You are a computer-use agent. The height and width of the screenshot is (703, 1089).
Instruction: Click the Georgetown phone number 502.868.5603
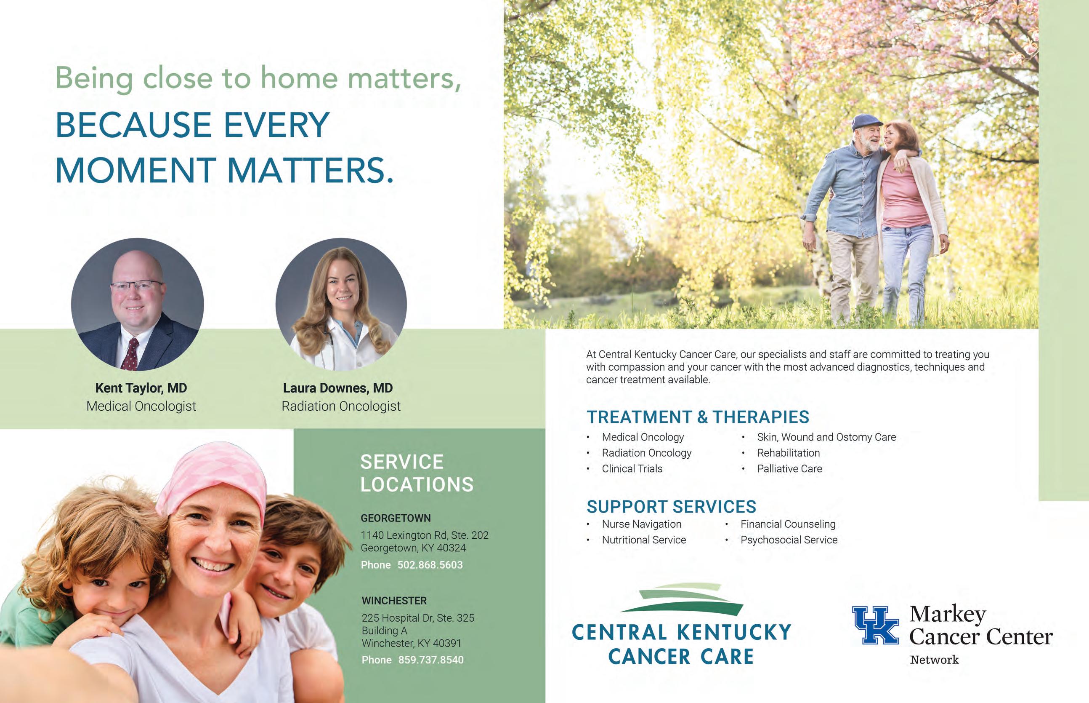430,565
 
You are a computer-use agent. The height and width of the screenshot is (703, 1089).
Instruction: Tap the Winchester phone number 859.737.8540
431,660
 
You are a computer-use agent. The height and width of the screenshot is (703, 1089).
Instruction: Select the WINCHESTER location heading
394,601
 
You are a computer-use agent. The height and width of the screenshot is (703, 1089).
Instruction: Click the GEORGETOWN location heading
396,518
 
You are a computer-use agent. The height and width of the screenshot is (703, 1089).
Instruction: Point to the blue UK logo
876,625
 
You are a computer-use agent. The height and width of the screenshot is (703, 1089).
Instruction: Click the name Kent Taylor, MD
141,388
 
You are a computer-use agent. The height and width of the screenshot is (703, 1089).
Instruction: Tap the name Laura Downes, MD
338,388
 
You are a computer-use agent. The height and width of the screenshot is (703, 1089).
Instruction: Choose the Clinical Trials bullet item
632,468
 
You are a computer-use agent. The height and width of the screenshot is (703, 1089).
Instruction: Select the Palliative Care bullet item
790,468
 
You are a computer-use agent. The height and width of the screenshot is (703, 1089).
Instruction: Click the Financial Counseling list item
788,524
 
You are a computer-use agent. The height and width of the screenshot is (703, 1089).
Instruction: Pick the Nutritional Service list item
644,540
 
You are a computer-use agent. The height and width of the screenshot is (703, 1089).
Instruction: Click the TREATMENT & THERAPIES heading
698,417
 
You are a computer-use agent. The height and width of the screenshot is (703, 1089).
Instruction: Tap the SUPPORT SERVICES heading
671,507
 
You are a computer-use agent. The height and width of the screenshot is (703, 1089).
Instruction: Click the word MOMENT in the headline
135,170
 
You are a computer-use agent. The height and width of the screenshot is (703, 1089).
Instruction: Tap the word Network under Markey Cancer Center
935,660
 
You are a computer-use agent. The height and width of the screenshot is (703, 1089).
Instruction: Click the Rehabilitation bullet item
789,453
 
